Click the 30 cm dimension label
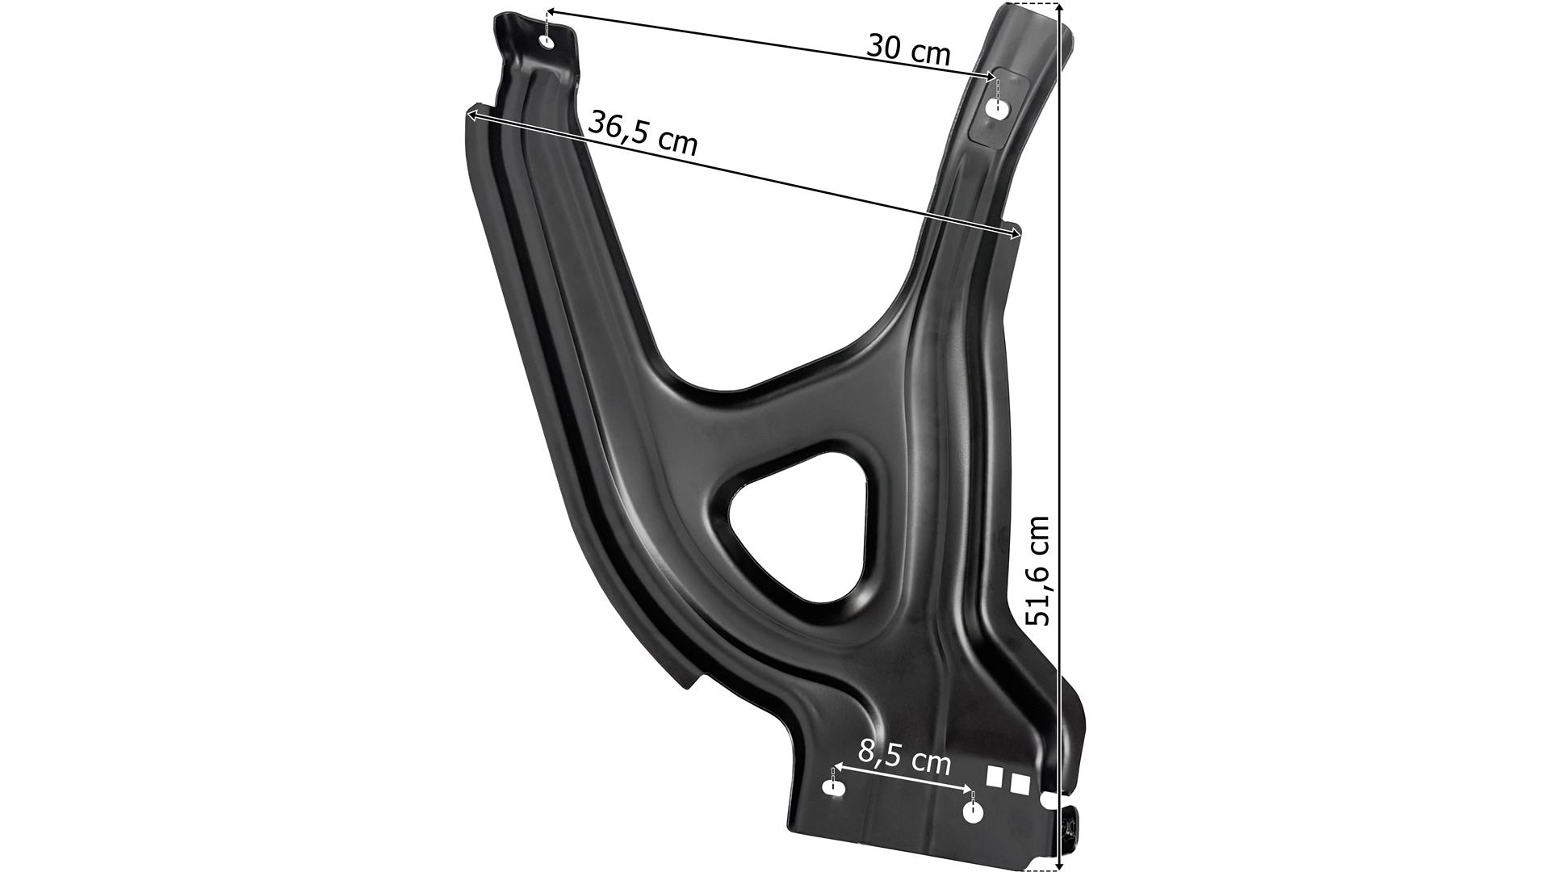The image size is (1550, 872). click(x=908, y=49)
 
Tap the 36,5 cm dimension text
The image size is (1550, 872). click(x=643, y=132)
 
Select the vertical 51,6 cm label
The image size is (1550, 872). click(x=1037, y=571)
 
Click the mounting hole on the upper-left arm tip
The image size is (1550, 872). click(x=549, y=42)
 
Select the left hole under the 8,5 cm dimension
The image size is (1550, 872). click(x=832, y=786)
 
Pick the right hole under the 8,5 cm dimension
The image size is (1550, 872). click(x=974, y=813)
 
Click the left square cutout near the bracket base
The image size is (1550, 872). click(x=995, y=776)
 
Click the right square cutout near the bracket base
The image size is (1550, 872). click(x=1020, y=784)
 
